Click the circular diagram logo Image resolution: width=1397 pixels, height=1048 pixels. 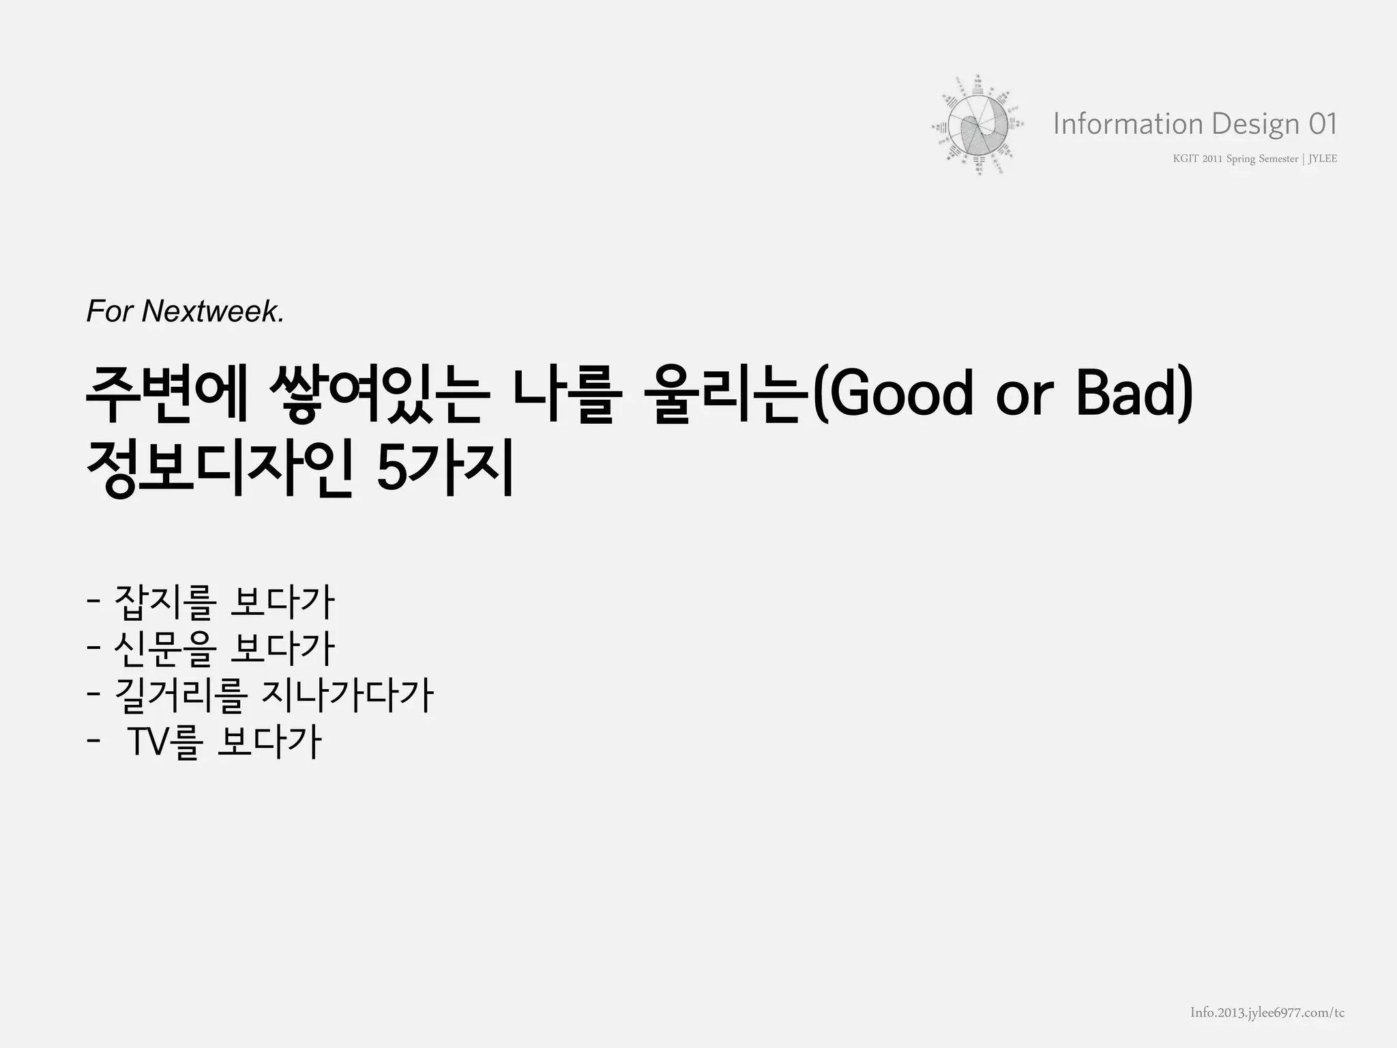pos(977,126)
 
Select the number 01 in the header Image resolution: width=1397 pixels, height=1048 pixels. pos(1323,124)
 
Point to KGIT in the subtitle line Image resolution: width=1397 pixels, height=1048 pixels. pos(1186,159)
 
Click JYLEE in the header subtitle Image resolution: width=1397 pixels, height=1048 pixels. pos(1323,159)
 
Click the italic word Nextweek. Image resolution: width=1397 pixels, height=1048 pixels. pos(213,312)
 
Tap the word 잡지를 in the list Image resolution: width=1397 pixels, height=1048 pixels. pos(164,602)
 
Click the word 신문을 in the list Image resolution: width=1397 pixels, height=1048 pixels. pos(164,649)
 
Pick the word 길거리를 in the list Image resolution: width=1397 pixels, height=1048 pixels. pos(179,695)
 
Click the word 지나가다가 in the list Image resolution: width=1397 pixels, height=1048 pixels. pos(347,695)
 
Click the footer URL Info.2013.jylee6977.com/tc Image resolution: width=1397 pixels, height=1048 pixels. pos(1267,1013)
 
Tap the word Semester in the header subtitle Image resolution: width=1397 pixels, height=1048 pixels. pos(1278,159)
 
